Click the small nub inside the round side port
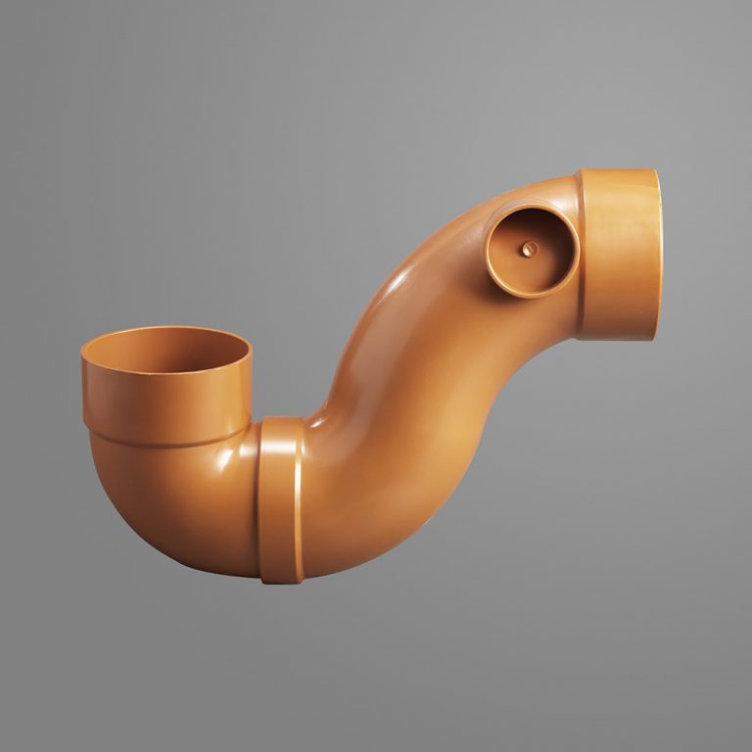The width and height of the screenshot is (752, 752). [529, 249]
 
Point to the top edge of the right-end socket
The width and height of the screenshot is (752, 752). [617, 171]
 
